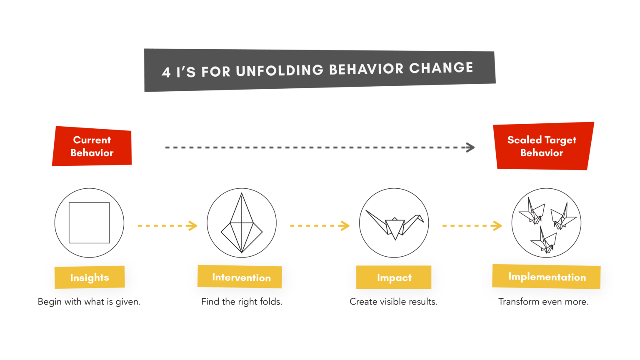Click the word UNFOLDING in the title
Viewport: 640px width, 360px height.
coord(280,70)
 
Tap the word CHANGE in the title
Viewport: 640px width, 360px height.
coord(441,68)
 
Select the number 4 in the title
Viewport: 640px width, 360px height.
coord(166,72)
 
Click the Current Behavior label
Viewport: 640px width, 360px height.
coord(92,146)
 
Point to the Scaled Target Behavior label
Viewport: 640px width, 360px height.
coord(542,146)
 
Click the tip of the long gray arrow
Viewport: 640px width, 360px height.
coord(473,147)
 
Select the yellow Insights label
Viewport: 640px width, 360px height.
coord(90,277)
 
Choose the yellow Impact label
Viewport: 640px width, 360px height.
coord(394,277)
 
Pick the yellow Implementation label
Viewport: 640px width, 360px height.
coord(546,277)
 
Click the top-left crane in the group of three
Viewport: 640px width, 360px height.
coord(532,212)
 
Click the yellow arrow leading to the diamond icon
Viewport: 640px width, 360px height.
coord(160,230)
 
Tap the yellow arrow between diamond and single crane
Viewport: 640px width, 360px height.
coord(312,230)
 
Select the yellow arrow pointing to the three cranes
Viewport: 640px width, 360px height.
coord(465,230)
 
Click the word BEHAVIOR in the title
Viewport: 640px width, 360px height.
coord(366,69)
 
